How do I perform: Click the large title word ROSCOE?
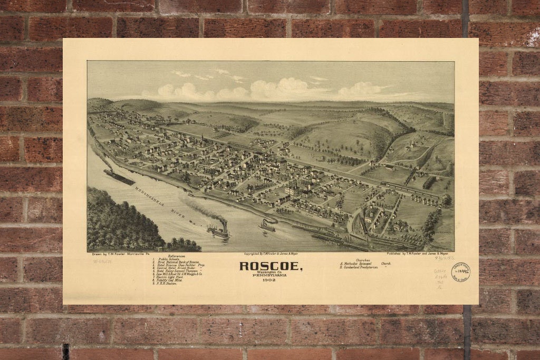[x=271, y=266]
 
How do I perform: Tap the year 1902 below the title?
[x=271, y=280]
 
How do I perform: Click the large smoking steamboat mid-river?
[x=218, y=230]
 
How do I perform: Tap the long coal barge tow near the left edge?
[x=119, y=177]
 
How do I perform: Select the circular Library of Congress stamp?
[x=461, y=272]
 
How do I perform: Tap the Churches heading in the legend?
[x=363, y=259]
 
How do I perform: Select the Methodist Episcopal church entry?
[x=367, y=263]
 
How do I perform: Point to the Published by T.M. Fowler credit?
[x=419, y=254]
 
